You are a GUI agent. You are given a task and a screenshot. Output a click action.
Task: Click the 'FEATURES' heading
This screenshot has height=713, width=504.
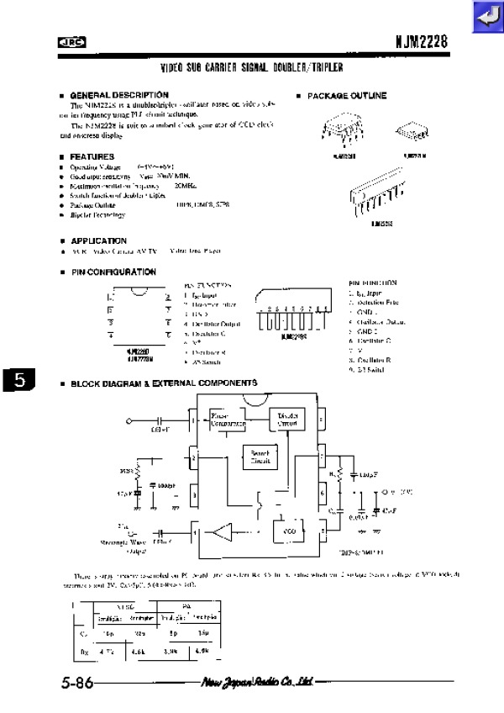click(x=92, y=157)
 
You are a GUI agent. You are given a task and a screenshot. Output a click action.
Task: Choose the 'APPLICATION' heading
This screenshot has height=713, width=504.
click(x=98, y=241)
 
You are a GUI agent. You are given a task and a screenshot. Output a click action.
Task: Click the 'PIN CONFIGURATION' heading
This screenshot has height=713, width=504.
click(x=113, y=272)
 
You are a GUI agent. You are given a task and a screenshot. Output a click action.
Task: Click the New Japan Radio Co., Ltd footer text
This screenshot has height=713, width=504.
click(x=257, y=682)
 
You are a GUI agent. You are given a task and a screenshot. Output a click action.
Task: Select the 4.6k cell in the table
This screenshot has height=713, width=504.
click(x=138, y=650)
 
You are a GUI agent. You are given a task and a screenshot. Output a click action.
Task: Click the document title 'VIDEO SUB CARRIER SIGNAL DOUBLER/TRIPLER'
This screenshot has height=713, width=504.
click(x=252, y=67)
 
